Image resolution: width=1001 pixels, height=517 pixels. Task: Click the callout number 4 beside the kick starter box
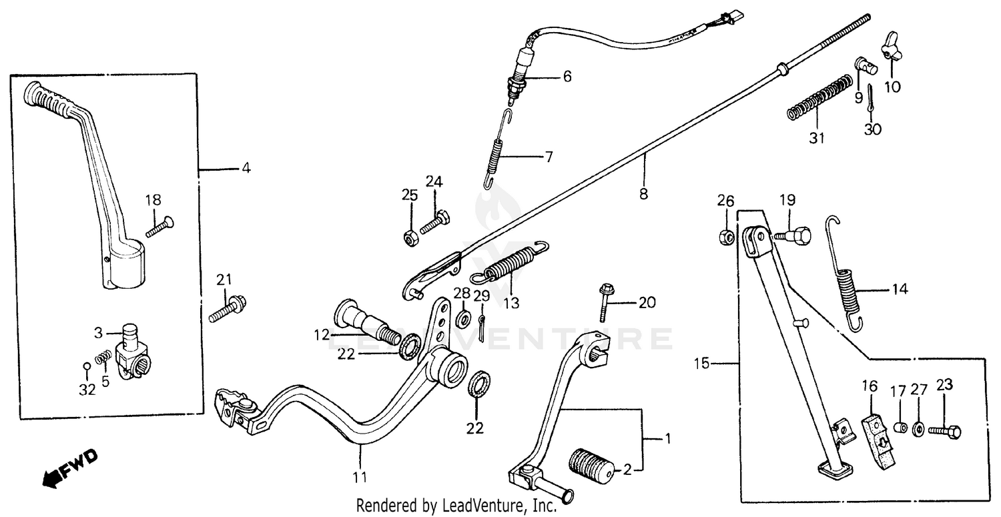coord(246,169)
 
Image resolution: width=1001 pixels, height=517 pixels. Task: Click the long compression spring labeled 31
coord(817,99)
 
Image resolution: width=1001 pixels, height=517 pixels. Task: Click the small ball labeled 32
coord(87,366)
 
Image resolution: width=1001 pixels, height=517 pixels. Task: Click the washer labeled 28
coord(462,319)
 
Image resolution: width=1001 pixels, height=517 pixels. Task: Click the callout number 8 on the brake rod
coord(644,194)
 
